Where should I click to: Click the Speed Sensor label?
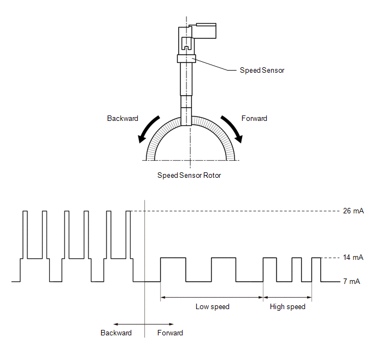click(x=262, y=71)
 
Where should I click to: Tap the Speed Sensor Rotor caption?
click(x=189, y=176)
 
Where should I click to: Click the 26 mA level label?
click(x=353, y=211)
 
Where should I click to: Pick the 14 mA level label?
click(x=353, y=258)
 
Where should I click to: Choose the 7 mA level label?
click(x=351, y=281)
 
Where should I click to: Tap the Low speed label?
click(x=213, y=307)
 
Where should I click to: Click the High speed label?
click(x=287, y=307)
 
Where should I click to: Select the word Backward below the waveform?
click(x=116, y=333)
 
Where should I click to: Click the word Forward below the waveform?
click(x=170, y=333)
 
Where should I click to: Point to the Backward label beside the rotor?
click(x=122, y=118)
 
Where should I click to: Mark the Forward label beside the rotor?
click(x=254, y=118)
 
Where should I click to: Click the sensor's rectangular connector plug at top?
click(x=206, y=31)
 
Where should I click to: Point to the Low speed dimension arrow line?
click(x=211, y=298)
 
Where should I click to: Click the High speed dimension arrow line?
click(x=287, y=298)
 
